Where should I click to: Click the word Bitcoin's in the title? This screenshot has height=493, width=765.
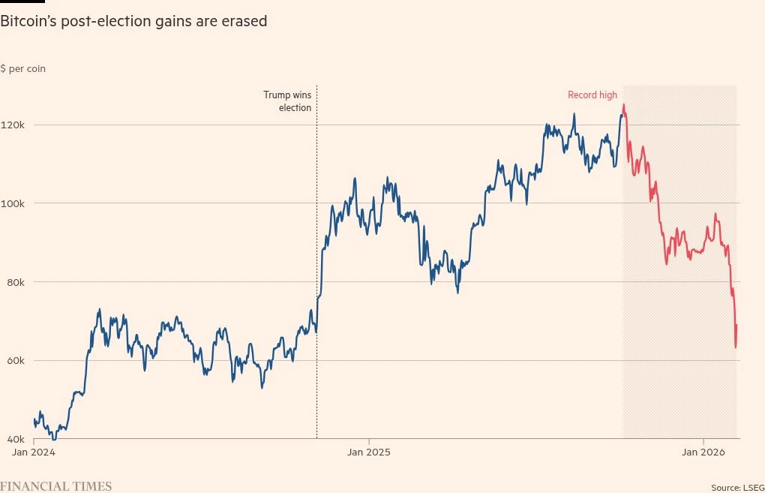click(31, 22)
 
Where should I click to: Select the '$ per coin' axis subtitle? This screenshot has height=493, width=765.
click(22, 68)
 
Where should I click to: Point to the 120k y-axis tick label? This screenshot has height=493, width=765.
click(13, 125)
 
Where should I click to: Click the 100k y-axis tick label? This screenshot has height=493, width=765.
click(13, 203)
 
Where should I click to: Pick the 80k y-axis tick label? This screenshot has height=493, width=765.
click(13, 282)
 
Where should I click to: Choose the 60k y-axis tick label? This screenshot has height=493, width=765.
click(13, 361)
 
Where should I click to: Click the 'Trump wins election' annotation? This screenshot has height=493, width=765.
click(287, 101)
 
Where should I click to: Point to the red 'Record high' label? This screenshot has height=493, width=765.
click(592, 95)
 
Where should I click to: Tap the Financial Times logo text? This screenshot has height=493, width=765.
click(55, 486)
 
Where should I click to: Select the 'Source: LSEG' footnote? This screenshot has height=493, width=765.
click(737, 487)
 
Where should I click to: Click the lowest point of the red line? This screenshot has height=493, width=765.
click(736, 347)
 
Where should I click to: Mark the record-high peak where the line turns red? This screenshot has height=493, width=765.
click(623, 105)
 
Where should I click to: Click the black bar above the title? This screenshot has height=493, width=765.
click(22, 2)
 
